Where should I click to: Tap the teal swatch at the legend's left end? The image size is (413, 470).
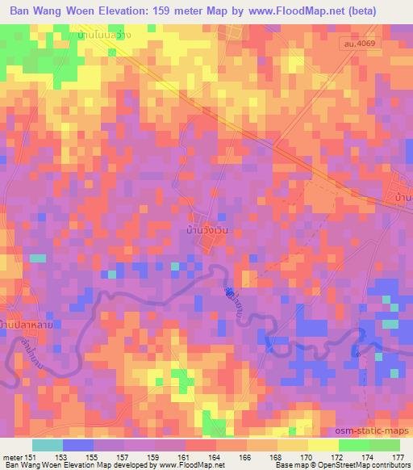tap(47, 444)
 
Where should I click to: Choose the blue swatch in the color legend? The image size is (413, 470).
tap(77, 444)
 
